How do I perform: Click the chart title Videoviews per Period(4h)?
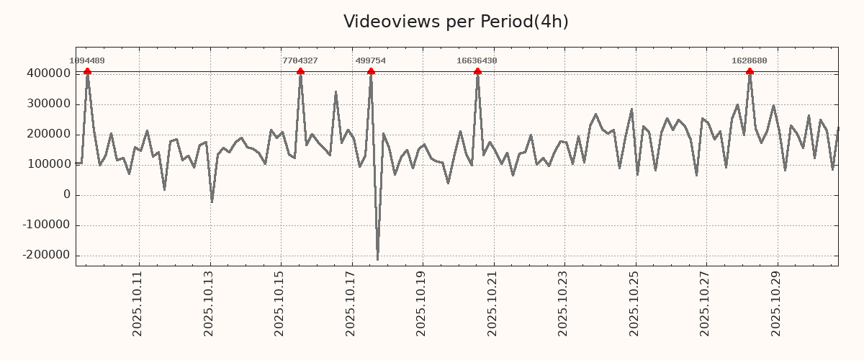pos(456,22)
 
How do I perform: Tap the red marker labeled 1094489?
pos(87,71)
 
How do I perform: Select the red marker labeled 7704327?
pos(300,71)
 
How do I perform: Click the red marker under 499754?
pos(371,71)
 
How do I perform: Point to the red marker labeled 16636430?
pos(477,71)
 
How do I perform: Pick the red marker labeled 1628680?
pos(750,71)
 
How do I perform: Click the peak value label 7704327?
pos(300,61)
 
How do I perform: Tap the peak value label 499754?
pos(371,61)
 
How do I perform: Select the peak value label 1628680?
pos(750,61)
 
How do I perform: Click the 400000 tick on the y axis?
pos(47,73)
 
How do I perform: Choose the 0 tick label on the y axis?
pos(67,194)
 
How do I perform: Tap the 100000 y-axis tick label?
pos(47,164)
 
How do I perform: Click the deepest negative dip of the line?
pos(377,259)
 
